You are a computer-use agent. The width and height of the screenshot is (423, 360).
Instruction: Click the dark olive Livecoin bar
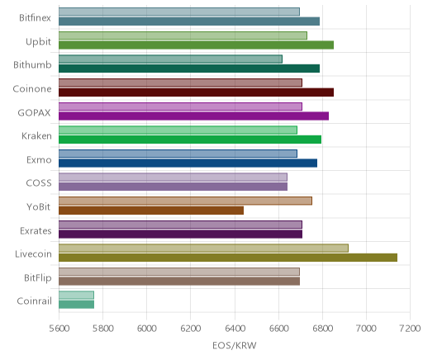[228, 258]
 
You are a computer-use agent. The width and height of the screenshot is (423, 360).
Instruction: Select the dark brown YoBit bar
[151, 211]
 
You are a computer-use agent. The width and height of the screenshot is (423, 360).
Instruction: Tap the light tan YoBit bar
[185, 201]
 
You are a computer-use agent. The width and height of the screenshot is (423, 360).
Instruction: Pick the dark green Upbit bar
[197, 45]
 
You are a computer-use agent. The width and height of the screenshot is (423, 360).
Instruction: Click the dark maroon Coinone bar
[197, 92]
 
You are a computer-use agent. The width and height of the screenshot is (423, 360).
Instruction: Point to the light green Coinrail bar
[76, 295]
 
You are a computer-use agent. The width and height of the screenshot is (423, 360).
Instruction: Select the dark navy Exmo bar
[188, 163]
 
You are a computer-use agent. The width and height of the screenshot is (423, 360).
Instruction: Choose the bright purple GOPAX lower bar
[194, 116]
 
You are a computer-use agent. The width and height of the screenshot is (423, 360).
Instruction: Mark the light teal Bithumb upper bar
[170, 59]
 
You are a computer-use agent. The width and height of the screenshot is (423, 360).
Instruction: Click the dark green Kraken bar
[190, 140]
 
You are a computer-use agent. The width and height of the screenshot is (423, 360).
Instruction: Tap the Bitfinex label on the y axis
[35, 17]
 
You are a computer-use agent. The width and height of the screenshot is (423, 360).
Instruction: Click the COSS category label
[39, 183]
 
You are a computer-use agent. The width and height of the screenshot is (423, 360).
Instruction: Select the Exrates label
[36, 230]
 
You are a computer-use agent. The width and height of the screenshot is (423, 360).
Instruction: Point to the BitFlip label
[38, 277]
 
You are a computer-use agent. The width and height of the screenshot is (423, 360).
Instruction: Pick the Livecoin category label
[33, 253]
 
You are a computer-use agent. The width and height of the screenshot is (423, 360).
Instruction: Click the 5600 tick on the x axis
[59, 329]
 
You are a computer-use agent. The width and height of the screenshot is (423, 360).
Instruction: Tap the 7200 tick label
[410, 329]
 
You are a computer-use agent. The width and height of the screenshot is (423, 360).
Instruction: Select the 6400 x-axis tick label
[235, 329]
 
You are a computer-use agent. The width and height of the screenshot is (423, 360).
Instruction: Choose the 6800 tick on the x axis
[323, 329]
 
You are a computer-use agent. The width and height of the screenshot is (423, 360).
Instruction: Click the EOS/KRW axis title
[235, 345]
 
